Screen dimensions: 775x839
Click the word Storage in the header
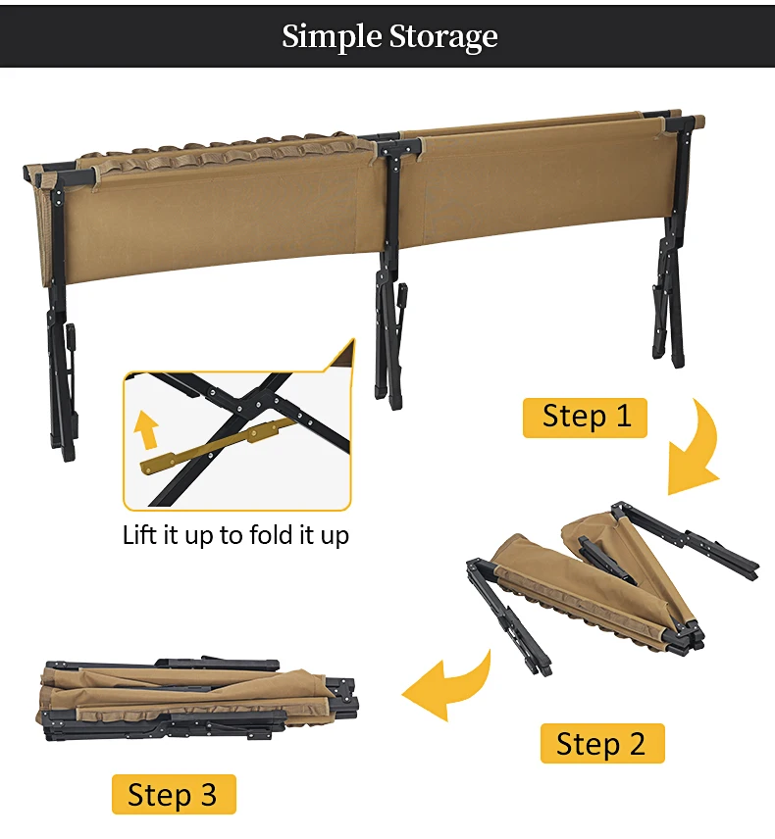443,37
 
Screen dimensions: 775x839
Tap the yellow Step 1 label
585,418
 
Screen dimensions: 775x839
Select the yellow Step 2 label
602,743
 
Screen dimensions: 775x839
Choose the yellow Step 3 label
174,794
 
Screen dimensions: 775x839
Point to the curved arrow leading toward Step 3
450,688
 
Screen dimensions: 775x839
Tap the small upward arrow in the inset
146,429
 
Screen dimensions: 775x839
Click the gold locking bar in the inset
214,447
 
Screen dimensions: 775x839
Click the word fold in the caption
273,535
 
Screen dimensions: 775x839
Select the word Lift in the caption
142,535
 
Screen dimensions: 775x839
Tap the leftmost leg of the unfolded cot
60,342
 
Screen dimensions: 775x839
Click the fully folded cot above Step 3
198,698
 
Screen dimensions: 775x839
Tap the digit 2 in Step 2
637,743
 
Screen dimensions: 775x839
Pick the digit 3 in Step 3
208,794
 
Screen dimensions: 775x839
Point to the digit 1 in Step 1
624,417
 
